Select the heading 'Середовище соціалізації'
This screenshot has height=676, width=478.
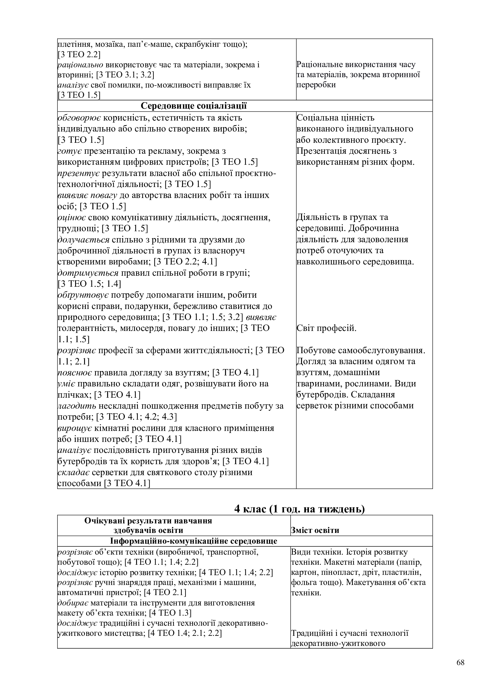tap(194, 106)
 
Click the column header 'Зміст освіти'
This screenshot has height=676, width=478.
tap(315, 530)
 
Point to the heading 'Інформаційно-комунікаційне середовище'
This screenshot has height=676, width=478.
tap(194, 541)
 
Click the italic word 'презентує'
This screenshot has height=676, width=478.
tap(79, 173)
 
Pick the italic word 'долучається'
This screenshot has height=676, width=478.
tap(83, 240)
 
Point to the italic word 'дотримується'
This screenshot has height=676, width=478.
tap(88, 273)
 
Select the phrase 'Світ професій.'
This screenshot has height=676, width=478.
tap(326, 328)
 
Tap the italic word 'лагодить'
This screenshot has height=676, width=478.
tap(77, 406)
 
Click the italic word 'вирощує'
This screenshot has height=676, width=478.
tap(75, 428)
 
